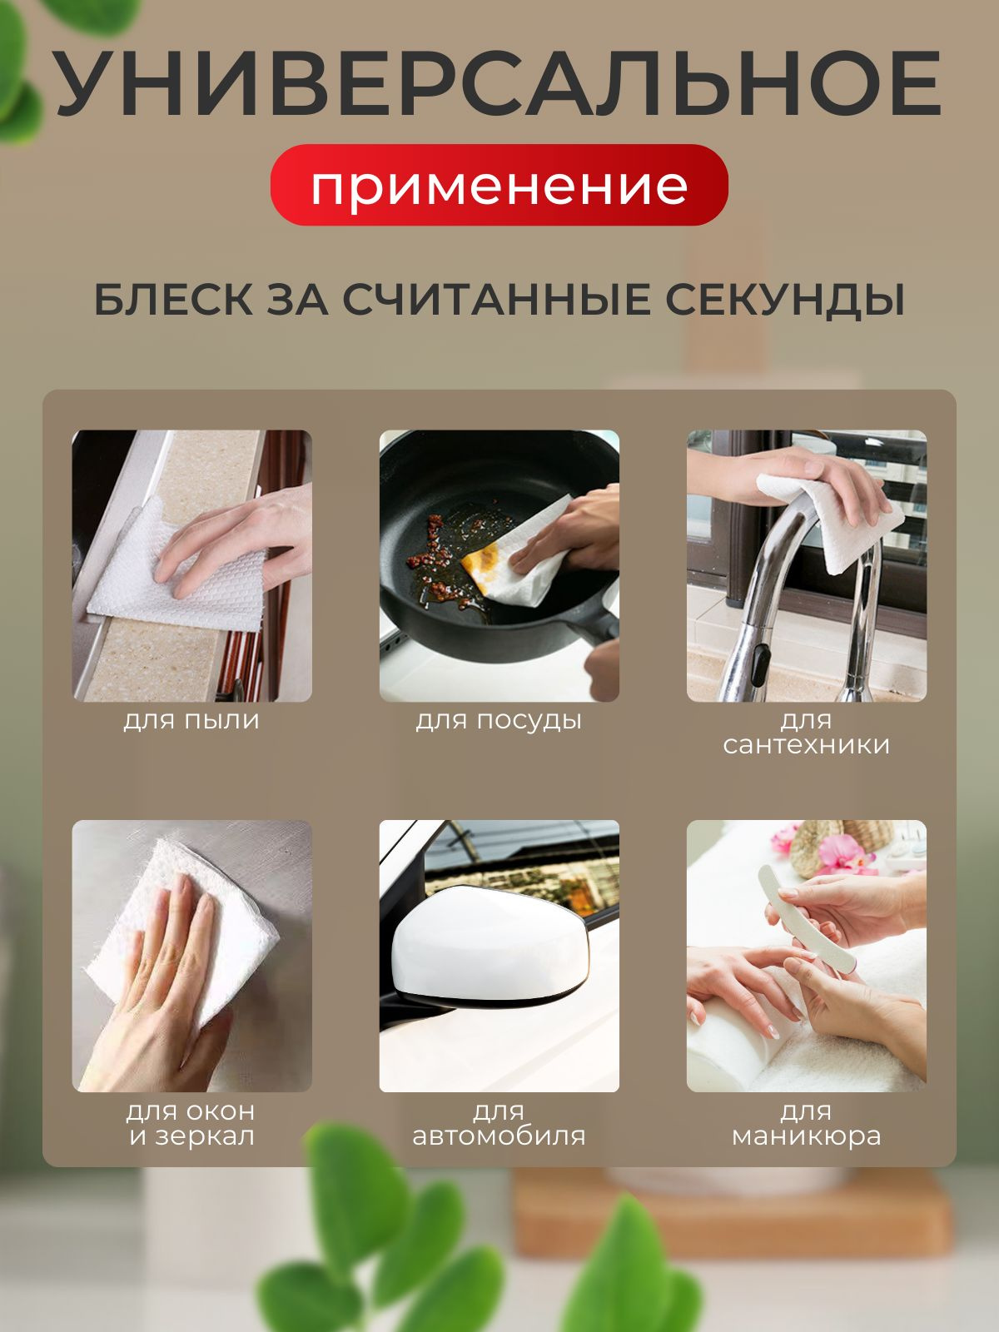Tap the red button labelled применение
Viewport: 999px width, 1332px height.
coord(499,185)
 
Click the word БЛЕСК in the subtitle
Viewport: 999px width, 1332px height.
coord(173,299)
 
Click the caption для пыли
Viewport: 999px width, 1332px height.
coord(191,720)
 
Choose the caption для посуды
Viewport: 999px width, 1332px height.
coord(499,721)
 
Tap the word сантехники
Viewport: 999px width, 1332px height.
coord(806,744)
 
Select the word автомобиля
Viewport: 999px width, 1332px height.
coord(499,1136)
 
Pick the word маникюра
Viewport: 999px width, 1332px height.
coord(806,1136)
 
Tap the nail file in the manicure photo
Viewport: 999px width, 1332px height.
coord(807,918)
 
